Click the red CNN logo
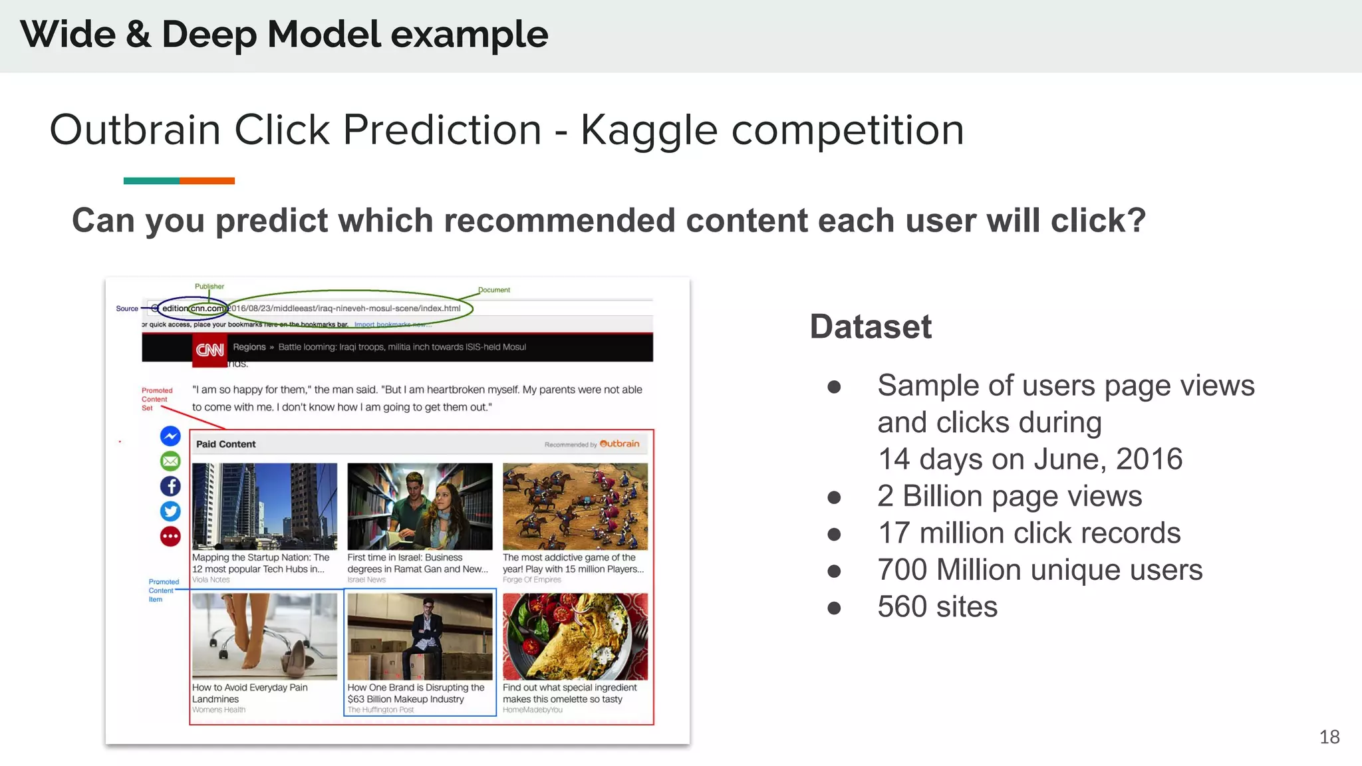209,349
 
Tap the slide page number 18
1329,737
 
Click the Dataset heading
871,326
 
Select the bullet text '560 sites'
937,606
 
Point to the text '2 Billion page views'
1009,496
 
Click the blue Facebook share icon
170,486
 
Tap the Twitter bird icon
170,511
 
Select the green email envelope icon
170,461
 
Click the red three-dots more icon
170,536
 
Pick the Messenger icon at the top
170,436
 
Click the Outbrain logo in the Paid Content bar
619,444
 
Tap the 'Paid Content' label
225,444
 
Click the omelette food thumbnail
575,636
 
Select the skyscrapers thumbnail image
264,506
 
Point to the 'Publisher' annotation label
209,287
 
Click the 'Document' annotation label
493,290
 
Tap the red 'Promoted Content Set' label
156,399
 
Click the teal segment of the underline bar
151,181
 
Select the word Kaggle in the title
648,130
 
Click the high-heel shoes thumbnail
264,636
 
